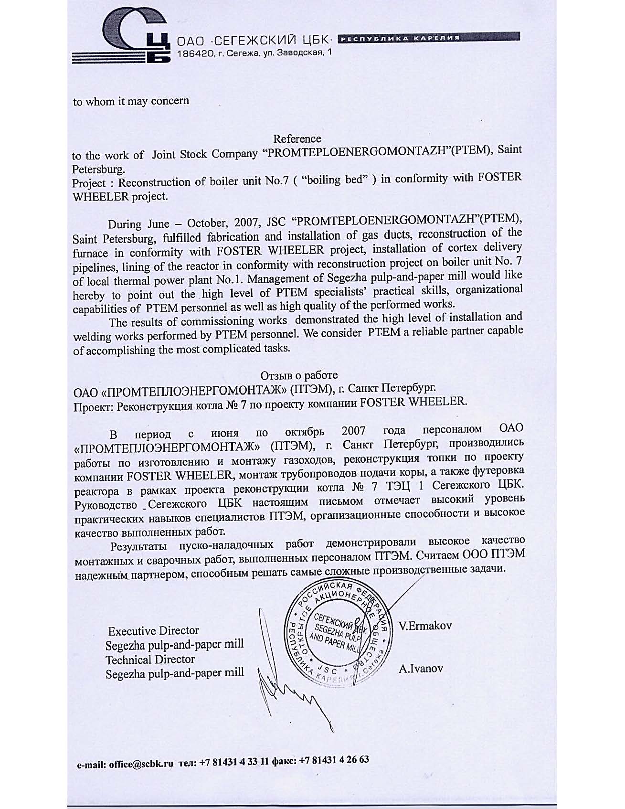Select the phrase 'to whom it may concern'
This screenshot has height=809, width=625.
pos(131,101)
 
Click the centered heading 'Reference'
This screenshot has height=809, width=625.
pos(297,139)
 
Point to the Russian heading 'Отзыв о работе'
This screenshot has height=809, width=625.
pos(299,375)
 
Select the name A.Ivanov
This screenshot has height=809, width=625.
pos(421,669)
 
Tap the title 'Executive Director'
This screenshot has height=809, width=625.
pos(153,631)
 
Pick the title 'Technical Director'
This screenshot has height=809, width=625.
pos(150,660)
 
